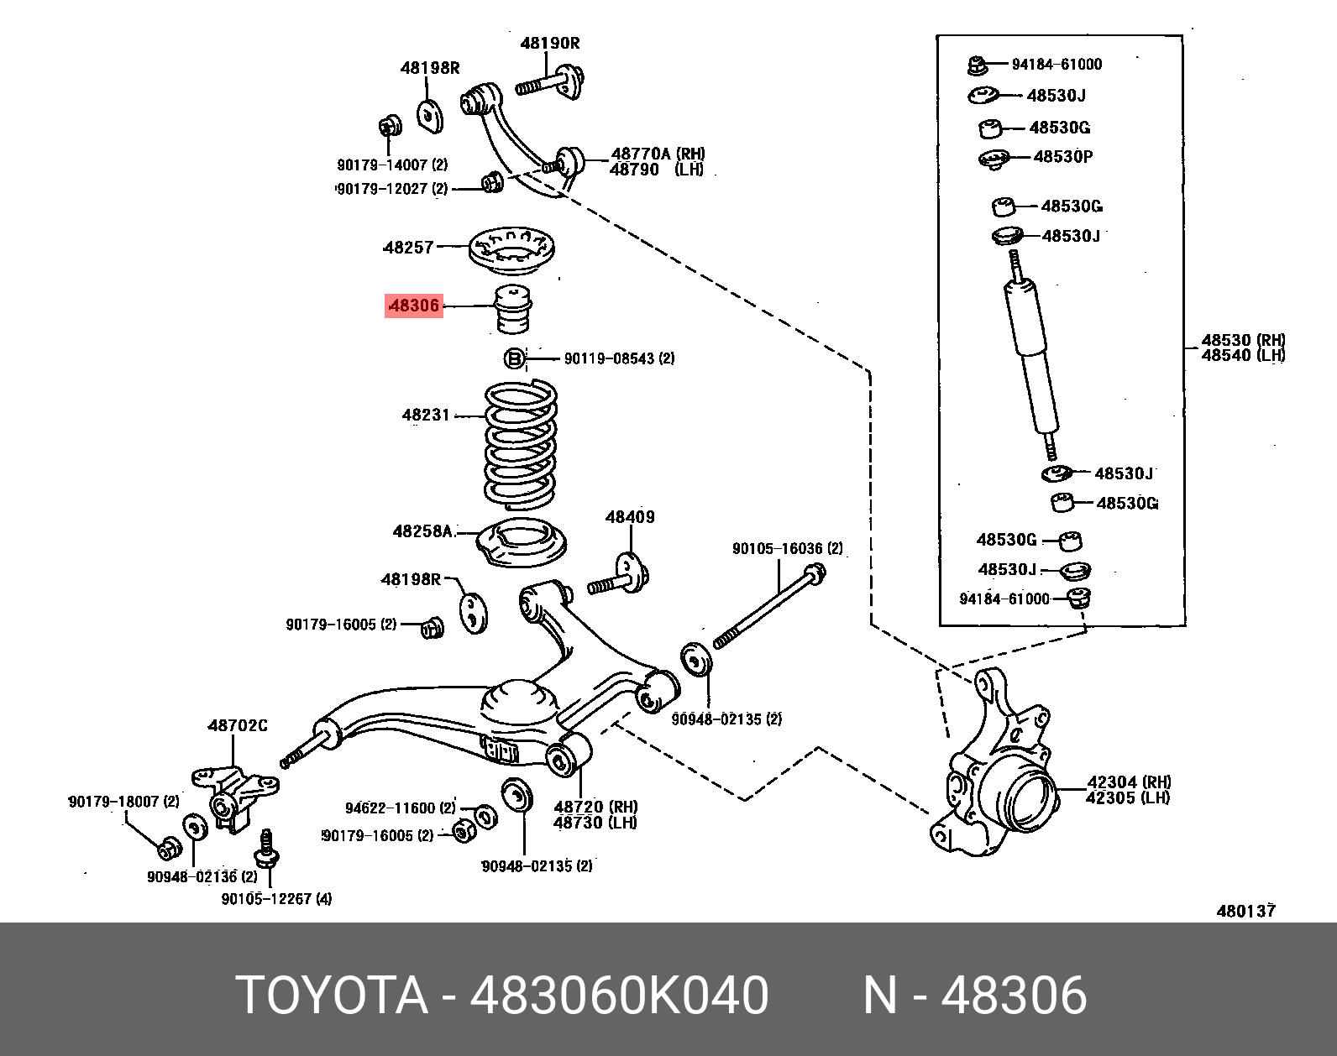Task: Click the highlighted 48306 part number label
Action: coord(414,306)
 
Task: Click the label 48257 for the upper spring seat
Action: coord(408,248)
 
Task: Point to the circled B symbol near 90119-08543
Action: coord(514,359)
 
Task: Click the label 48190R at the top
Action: coord(549,43)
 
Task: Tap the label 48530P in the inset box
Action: coord(1062,157)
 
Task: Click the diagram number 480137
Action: coord(1246,910)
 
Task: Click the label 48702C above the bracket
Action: coord(238,725)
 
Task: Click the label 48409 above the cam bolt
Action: coord(630,518)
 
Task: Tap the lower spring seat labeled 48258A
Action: coord(521,544)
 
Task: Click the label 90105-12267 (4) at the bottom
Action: coord(276,899)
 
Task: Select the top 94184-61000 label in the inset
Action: coord(1056,65)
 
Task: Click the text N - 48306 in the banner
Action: coord(975,996)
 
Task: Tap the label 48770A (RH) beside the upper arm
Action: coord(658,154)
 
